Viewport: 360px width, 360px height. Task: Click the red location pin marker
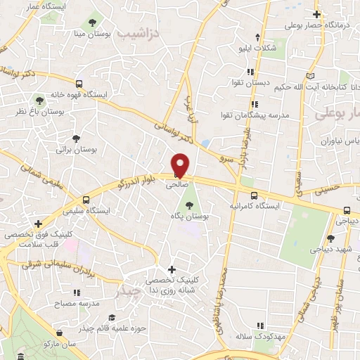181,165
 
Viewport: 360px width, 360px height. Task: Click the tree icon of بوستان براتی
76,139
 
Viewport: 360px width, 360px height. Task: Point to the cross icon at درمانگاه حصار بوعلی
317,14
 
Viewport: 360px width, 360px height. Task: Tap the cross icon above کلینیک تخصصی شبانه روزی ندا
172,269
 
